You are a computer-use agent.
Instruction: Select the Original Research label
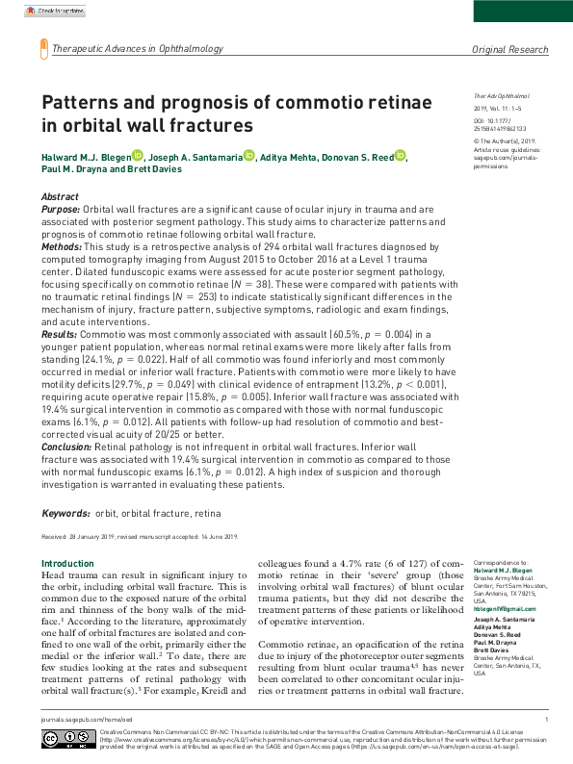coord(509,49)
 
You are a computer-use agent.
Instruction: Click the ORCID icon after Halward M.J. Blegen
coord(138,154)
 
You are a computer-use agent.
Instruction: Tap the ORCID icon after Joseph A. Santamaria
coord(249,154)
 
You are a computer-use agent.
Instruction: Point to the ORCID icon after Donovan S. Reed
coord(400,154)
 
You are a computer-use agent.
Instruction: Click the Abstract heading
coord(60,196)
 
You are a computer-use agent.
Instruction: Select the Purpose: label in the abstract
coord(61,208)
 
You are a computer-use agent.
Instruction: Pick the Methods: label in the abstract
coord(62,247)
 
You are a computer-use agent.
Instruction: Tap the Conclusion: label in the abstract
coord(66,446)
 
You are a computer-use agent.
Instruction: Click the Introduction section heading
coord(67,563)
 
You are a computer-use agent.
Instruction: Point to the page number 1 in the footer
coord(546,719)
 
